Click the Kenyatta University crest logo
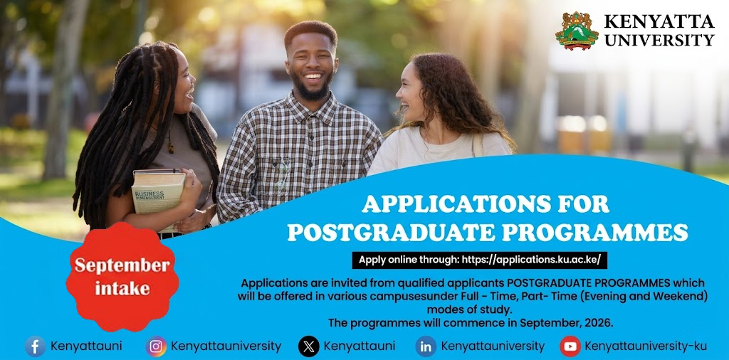pyautogui.click(x=577, y=30)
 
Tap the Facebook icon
pyautogui.click(x=36, y=346)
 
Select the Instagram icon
pyautogui.click(x=156, y=346)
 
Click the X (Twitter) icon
pyautogui.click(x=309, y=346)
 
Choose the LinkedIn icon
pyautogui.click(x=426, y=346)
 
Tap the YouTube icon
pyautogui.click(x=570, y=346)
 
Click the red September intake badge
pyautogui.click(x=122, y=277)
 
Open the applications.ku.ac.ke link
pyautogui.click(x=535, y=260)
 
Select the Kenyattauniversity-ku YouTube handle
pyautogui.click(x=646, y=346)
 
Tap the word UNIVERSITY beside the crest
pyautogui.click(x=659, y=39)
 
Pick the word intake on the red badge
pyautogui.click(x=122, y=288)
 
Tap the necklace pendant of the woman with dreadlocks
pyautogui.click(x=171, y=148)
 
